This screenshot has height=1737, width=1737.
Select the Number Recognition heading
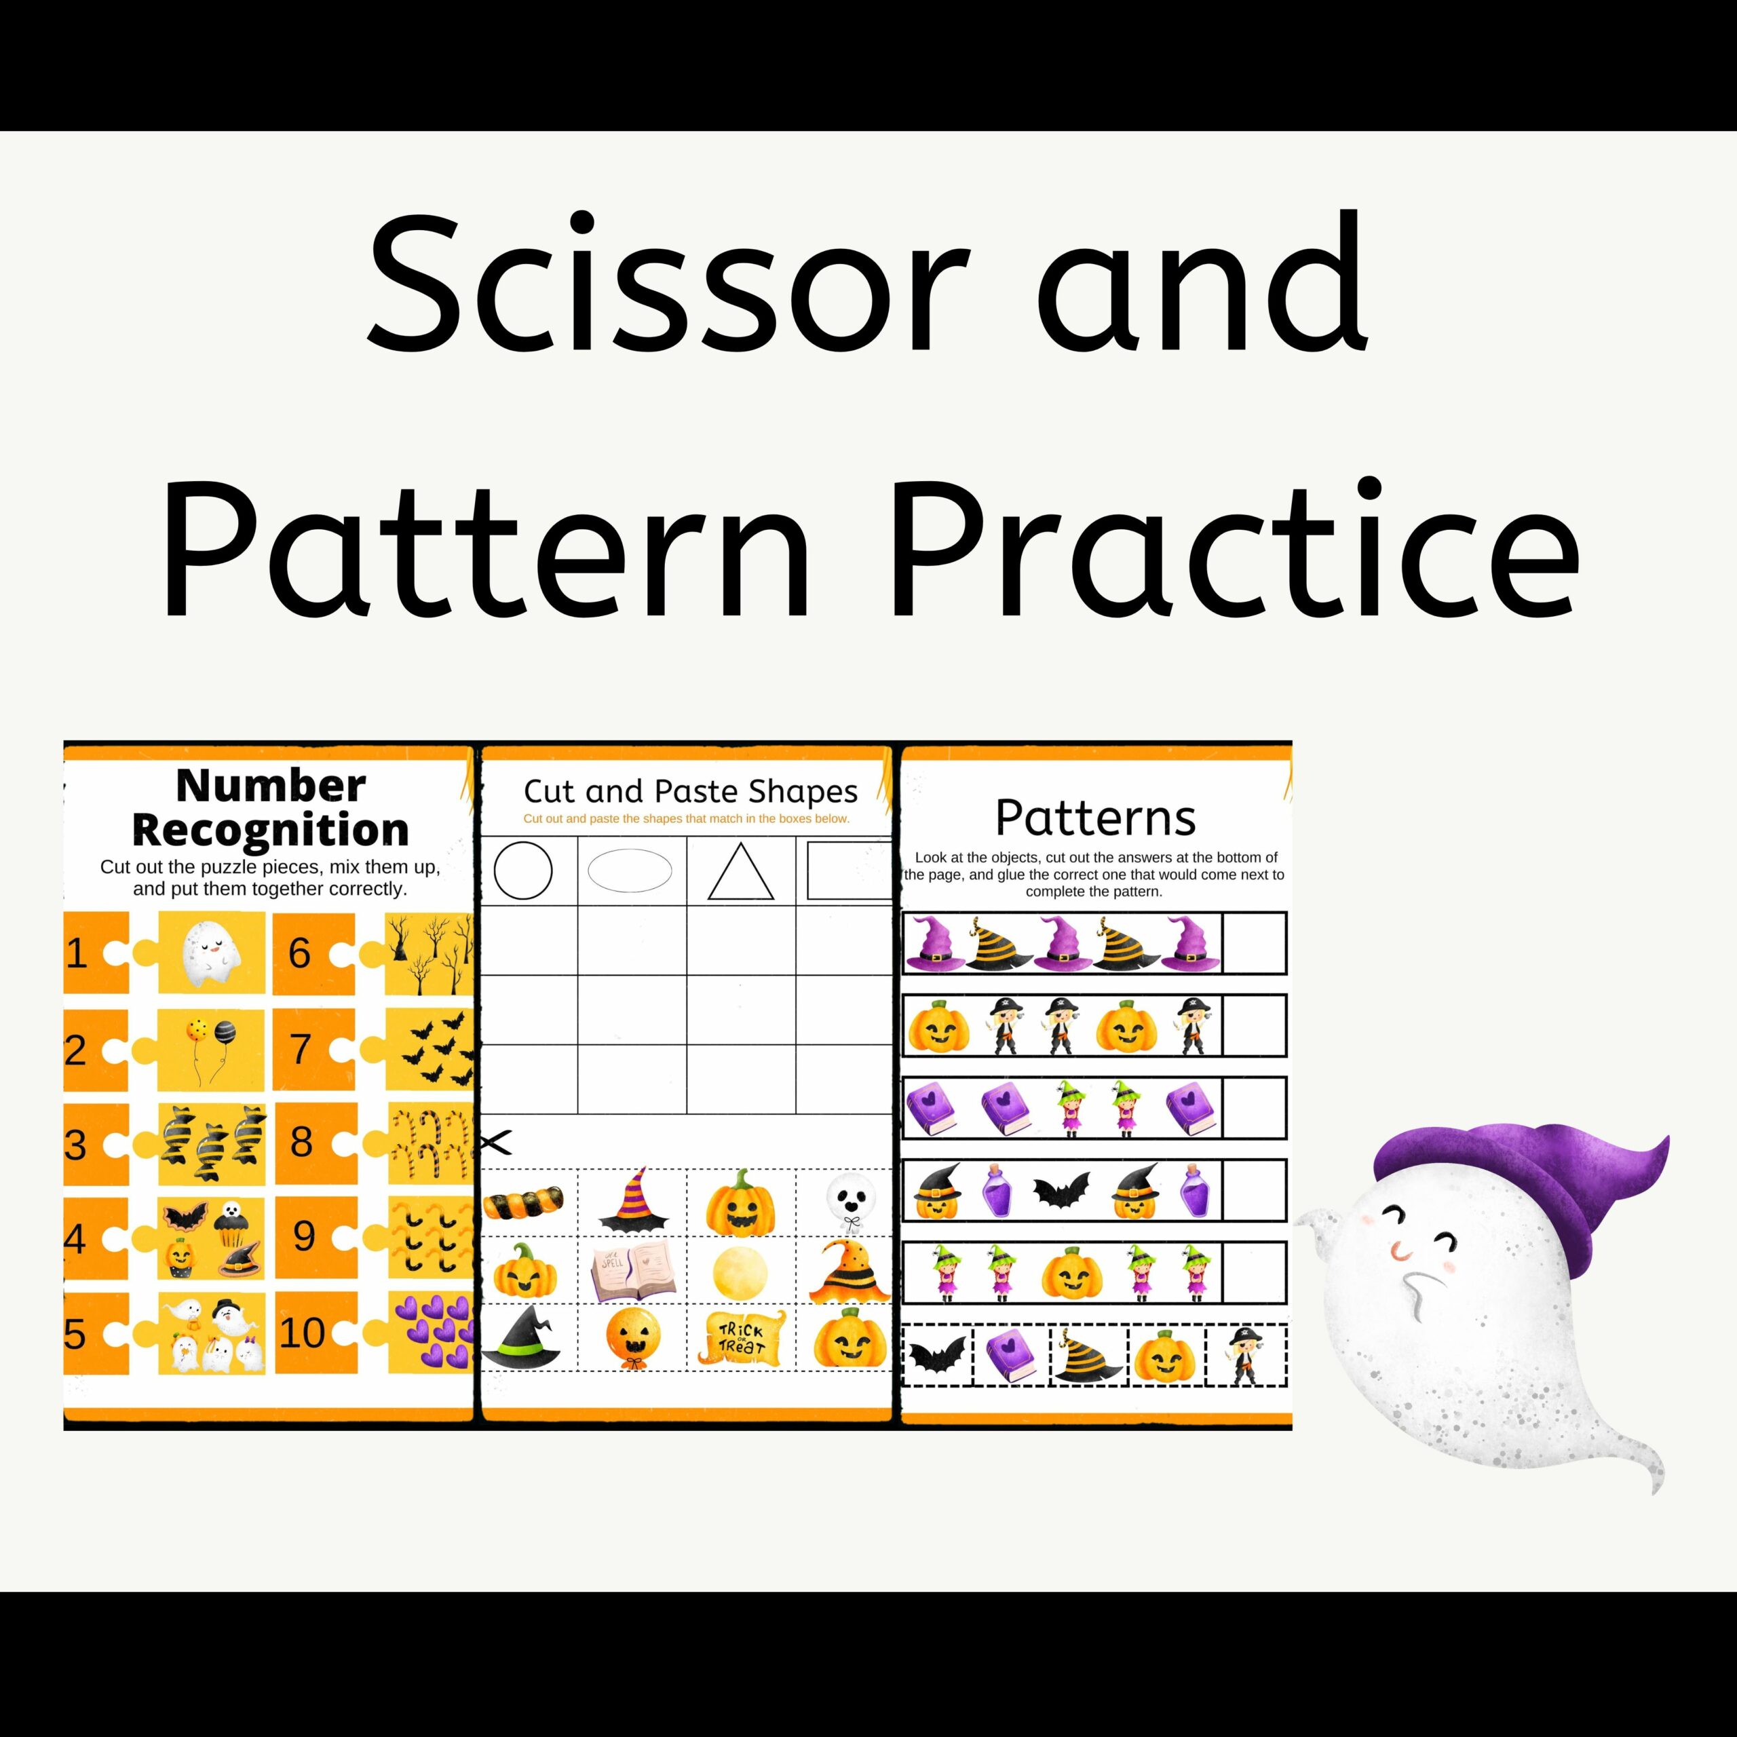270,807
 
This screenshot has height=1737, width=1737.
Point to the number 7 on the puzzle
301,1049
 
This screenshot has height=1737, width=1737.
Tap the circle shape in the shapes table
523,871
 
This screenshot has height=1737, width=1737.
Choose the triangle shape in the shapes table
741,871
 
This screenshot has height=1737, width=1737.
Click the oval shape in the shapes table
630,871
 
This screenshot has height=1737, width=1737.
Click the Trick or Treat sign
741,1338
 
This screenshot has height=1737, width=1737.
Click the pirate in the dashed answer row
1245,1354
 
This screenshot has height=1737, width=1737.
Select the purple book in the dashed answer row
1012,1356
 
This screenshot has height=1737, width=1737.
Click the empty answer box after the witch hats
1254,942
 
